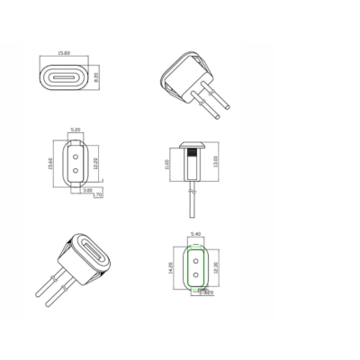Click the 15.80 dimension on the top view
click(x=66, y=51)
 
